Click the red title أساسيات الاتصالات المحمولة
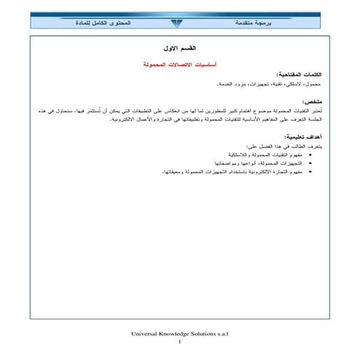tap(177, 64)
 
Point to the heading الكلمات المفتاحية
tap(298, 75)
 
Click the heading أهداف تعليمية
tap(300, 136)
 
